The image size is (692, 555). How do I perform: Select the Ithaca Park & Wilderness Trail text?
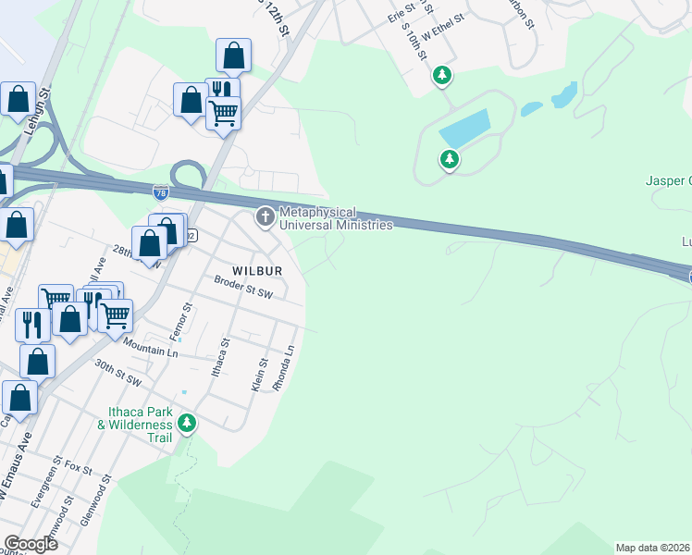pyautogui.click(x=136, y=423)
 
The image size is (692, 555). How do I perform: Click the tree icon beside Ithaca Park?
pyautogui.click(x=188, y=424)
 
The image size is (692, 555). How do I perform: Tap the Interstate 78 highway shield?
pyautogui.click(x=160, y=191)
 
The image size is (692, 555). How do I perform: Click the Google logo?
pyautogui.click(x=31, y=543)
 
